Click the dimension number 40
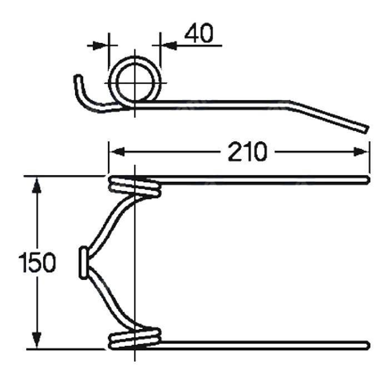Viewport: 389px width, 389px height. (x=198, y=34)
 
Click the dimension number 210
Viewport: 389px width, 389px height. (x=247, y=152)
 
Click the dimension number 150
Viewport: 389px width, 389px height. (x=37, y=263)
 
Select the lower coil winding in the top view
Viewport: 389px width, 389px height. (x=135, y=338)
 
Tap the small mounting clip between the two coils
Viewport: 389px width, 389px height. (x=83, y=263)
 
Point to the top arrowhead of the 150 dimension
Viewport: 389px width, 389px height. (x=37, y=184)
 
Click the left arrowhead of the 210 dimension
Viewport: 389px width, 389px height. (x=115, y=151)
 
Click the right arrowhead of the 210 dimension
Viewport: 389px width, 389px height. (x=362, y=151)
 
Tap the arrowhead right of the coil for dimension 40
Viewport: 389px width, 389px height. (x=167, y=44)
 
